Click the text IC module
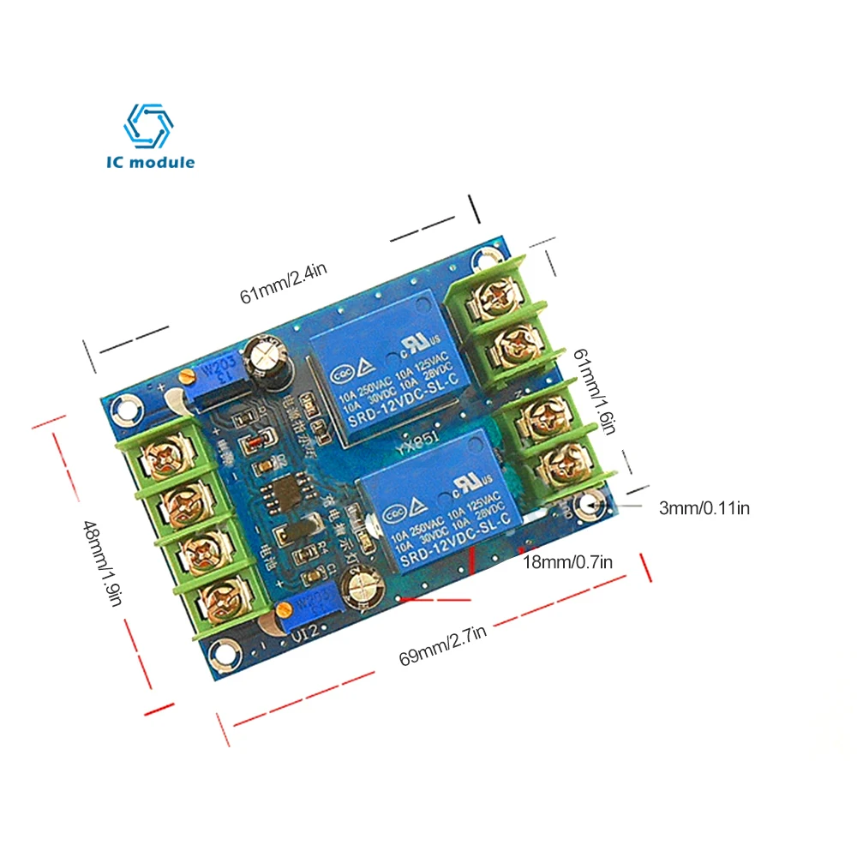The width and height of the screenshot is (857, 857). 152,162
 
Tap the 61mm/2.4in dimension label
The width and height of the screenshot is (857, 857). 284,283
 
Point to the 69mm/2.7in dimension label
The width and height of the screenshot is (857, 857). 443,645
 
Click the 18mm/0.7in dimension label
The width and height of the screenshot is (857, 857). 568,562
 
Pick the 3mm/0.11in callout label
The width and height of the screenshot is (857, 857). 704,507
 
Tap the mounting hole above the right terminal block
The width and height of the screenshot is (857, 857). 489,255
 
